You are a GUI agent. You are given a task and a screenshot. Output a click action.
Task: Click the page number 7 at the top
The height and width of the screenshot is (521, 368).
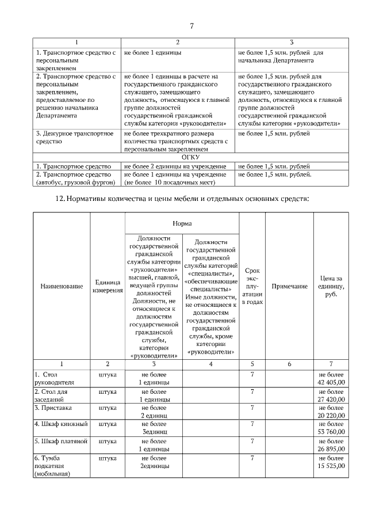click(192, 25)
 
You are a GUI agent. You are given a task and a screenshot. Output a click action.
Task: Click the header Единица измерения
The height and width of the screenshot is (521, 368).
click(108, 286)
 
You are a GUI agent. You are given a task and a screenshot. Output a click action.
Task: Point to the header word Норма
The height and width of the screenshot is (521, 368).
click(182, 223)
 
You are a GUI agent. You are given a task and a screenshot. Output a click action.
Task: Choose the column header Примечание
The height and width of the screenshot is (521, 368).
click(289, 286)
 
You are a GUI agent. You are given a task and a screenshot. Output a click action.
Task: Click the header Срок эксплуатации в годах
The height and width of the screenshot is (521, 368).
click(252, 286)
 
